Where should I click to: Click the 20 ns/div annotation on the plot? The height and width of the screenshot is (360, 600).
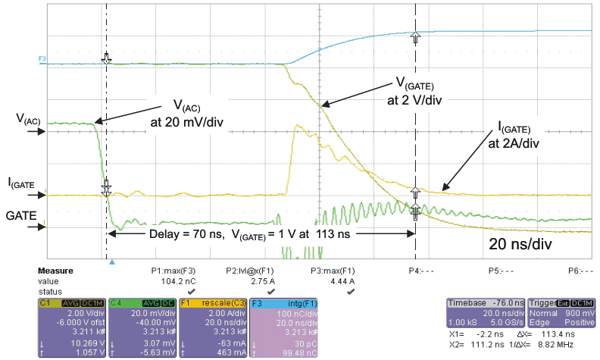[520, 245]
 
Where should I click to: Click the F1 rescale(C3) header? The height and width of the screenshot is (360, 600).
[214, 302]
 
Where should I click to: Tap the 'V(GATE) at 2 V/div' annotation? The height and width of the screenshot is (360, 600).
[420, 91]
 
